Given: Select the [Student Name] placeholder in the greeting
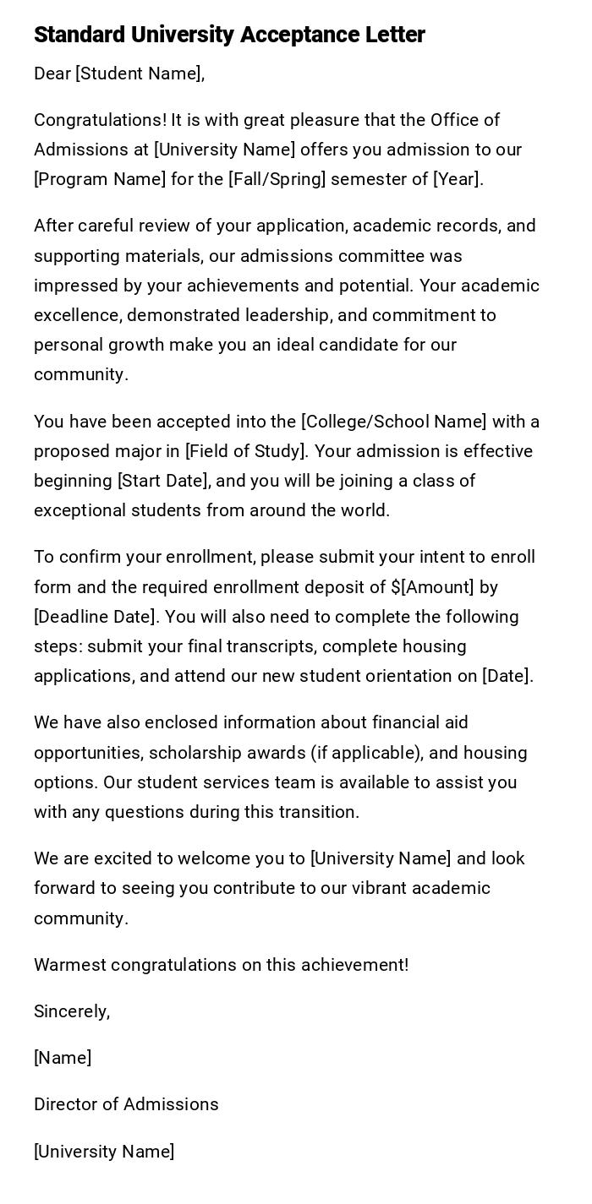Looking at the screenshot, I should point(139,74).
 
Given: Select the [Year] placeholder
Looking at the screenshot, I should point(456,179).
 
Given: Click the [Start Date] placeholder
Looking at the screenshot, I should point(163,481).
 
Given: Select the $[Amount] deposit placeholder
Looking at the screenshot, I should point(432,587).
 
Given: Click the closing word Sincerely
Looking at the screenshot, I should point(71,1011).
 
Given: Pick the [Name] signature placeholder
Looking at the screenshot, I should point(63,1058).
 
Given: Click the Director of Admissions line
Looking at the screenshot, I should point(126,1104).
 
